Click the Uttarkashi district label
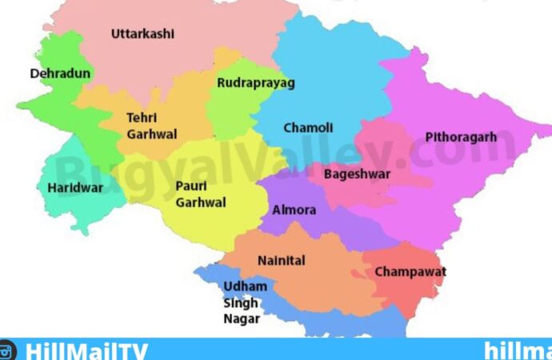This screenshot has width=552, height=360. tap(142, 34)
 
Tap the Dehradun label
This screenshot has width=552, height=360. tap(60, 74)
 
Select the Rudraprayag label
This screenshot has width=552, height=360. tap(256, 82)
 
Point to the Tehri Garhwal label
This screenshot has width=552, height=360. tap(151, 126)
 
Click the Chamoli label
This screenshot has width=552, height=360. tap(308, 128)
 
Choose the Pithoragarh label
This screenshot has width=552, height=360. tap(460, 137)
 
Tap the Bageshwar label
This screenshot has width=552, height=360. tap(357, 174)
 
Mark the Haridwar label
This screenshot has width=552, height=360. tap(70, 188)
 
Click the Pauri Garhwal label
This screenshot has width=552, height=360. tap(200, 194)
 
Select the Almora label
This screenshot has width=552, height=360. tap(294, 210)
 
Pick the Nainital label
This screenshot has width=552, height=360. tap(281, 261)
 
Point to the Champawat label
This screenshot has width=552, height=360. tap(410, 272)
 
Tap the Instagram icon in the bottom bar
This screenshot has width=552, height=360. tap(8, 350)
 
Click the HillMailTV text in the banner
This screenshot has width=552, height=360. tap(86, 350)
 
